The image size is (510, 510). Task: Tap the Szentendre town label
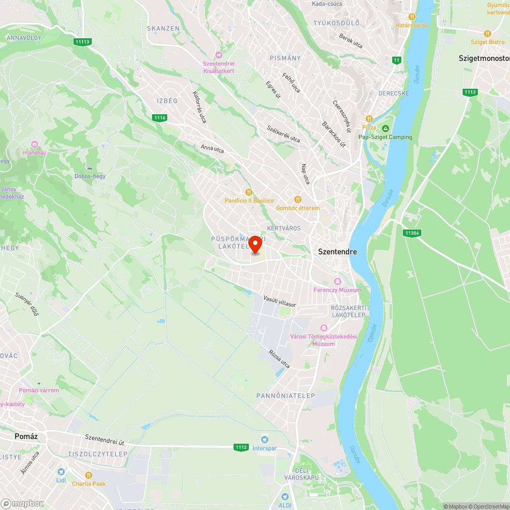337,251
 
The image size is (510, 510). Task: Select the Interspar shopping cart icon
264,440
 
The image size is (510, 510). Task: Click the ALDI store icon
285,496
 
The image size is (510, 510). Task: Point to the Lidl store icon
61,472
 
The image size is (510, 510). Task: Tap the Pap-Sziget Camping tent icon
386,129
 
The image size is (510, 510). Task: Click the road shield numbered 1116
160,118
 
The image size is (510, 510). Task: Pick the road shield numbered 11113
82,42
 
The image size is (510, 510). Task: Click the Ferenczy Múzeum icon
337,282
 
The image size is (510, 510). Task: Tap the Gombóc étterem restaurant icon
297,199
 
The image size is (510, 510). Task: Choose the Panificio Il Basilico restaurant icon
249,192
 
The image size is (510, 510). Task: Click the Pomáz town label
26,437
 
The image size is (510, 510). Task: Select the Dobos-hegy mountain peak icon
90,167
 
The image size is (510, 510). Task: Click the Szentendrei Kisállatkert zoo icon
219,55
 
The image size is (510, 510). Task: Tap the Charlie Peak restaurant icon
89,475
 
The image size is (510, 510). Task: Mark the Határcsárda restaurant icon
412,16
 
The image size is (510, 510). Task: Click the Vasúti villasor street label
279,301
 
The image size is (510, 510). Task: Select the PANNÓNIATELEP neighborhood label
285,395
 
